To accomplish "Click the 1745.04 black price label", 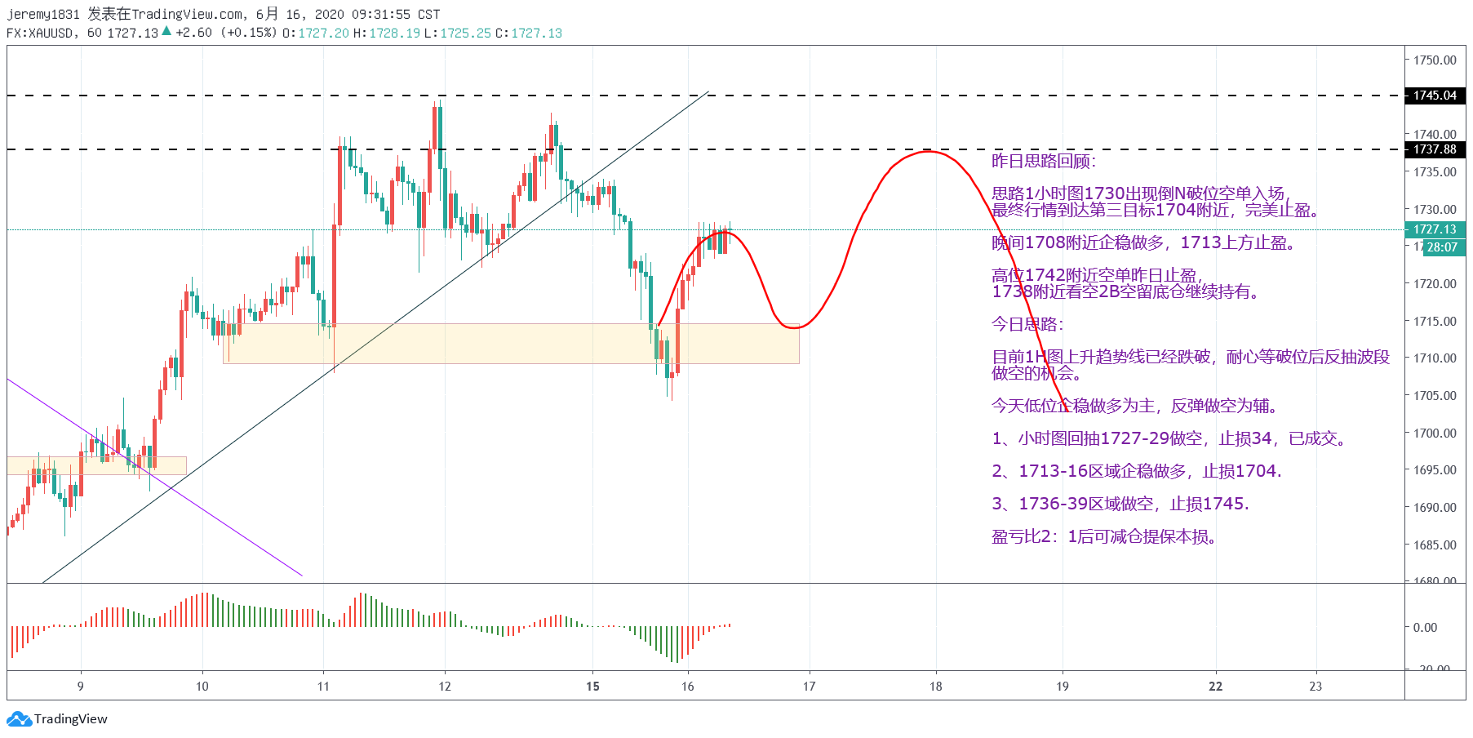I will click(1435, 96).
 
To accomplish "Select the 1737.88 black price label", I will click(1435, 149).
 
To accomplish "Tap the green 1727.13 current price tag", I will click(1435, 229).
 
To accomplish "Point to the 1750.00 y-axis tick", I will click(1435, 60).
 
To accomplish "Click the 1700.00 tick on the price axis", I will click(1435, 433).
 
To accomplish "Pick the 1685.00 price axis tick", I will click(1435, 545).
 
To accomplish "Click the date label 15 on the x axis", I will click(592, 687).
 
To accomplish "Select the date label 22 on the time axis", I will click(1215, 687).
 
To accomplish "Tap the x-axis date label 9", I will click(80, 687).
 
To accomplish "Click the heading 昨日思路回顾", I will click(1043, 161).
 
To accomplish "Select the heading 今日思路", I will click(1027, 324).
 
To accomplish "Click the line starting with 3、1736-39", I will click(1120, 504).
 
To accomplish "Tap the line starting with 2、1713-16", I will click(1136, 471).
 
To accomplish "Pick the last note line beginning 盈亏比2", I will click(1103, 536).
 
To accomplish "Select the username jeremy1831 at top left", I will click(43, 14).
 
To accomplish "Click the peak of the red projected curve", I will click(928, 152).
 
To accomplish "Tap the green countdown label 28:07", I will click(1442, 247).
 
